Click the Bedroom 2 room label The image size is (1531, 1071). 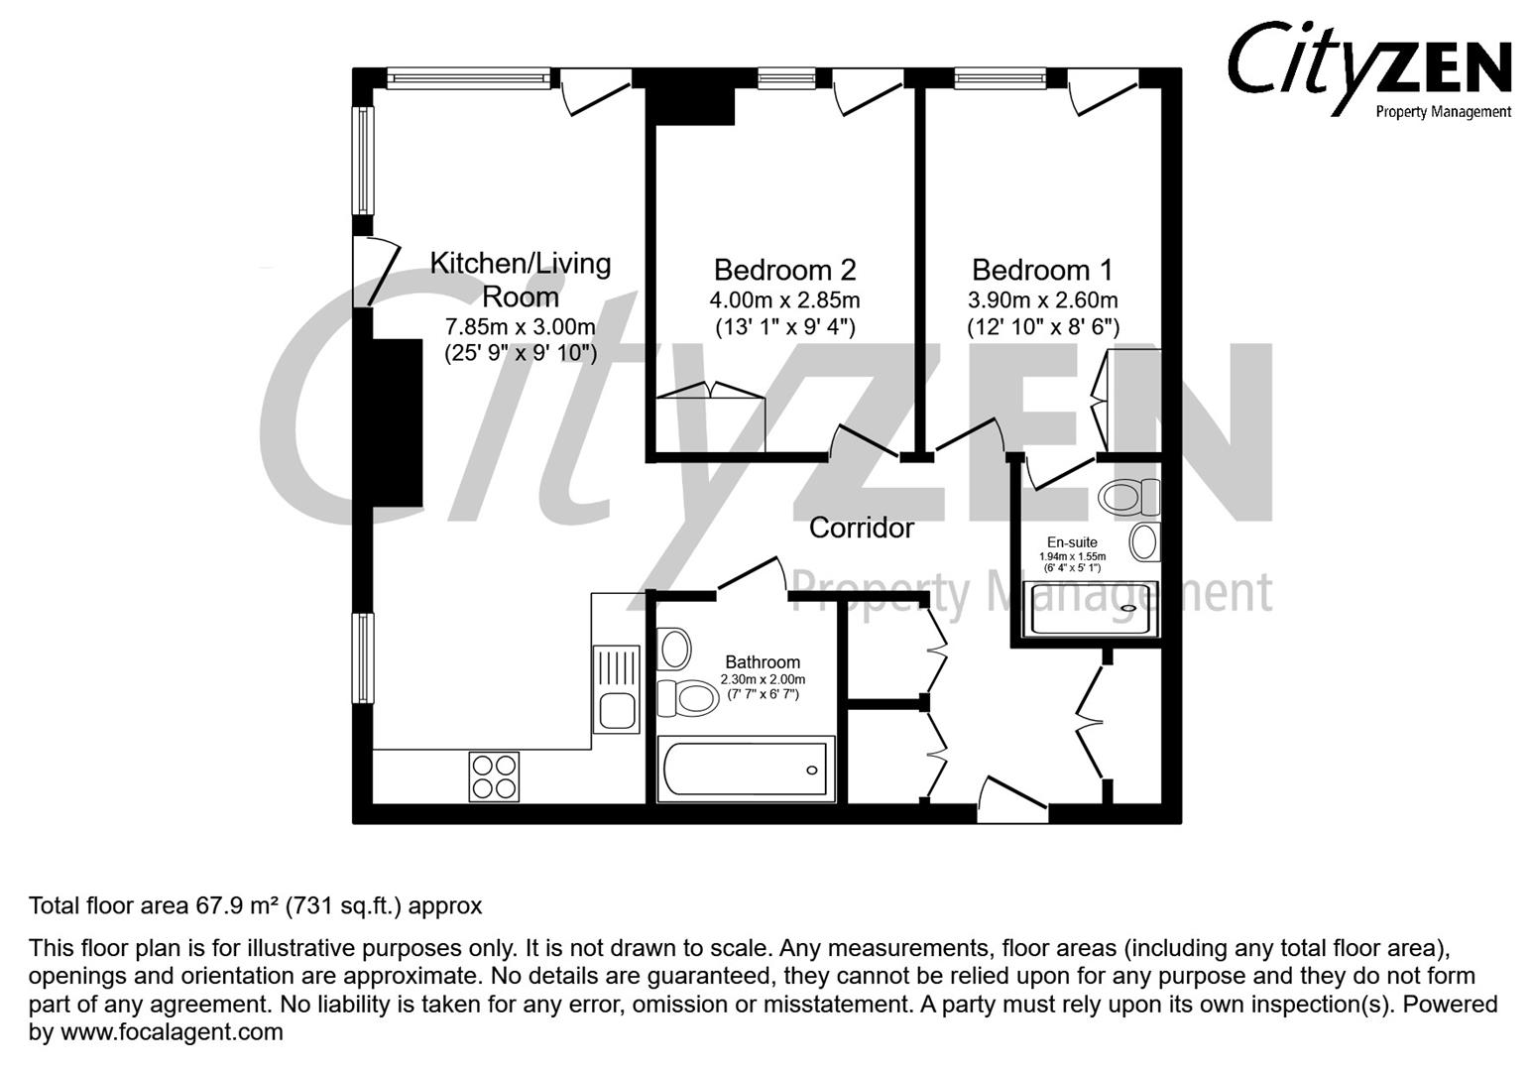(x=784, y=270)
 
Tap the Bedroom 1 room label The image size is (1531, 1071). (x=1042, y=270)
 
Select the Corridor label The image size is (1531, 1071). (x=861, y=528)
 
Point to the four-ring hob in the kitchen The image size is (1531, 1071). (x=494, y=776)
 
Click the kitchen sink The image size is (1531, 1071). (x=616, y=689)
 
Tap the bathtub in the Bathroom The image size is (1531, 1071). (x=745, y=769)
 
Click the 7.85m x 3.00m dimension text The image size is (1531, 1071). (x=521, y=326)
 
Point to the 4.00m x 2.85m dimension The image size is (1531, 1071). (x=784, y=300)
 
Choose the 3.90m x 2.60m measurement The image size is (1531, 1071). (x=1042, y=300)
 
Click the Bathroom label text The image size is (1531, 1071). (x=762, y=662)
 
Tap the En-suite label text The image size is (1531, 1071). (x=1072, y=542)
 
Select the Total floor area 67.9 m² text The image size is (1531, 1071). (x=255, y=905)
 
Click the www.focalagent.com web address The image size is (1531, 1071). (x=172, y=1032)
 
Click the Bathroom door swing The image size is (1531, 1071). (x=752, y=577)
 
